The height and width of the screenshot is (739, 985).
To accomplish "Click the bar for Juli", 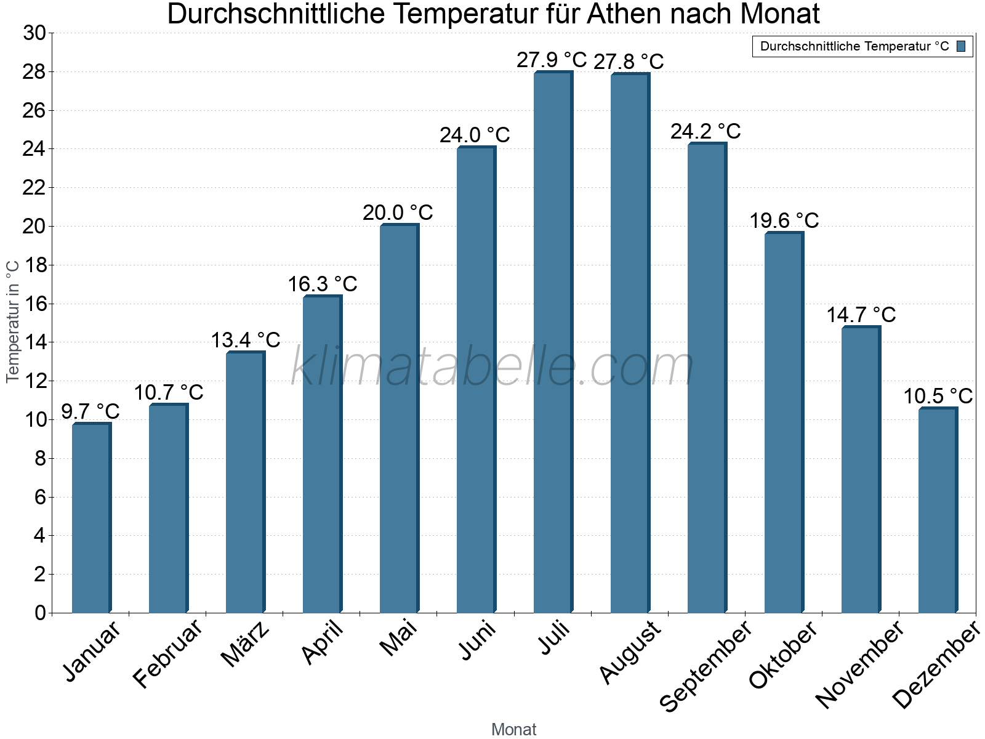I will [553, 342].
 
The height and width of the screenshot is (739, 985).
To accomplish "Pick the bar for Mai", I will [399, 419].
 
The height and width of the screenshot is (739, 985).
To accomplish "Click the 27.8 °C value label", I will [629, 62].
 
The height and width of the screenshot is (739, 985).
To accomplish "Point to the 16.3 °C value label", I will [323, 285].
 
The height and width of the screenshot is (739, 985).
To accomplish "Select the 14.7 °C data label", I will [861, 315].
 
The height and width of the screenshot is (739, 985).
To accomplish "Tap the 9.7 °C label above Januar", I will [90, 411].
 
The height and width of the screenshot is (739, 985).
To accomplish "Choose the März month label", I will [246, 644].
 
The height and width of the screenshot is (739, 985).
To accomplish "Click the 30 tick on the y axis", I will [34, 33].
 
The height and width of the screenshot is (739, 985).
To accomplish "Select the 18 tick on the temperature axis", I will [34, 265].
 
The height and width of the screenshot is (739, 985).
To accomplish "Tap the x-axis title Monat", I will [514, 730].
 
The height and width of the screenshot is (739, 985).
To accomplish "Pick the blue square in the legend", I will [962, 46].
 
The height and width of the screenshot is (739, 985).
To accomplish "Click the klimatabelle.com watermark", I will [492, 367].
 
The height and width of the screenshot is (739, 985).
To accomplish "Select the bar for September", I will [707, 378].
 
